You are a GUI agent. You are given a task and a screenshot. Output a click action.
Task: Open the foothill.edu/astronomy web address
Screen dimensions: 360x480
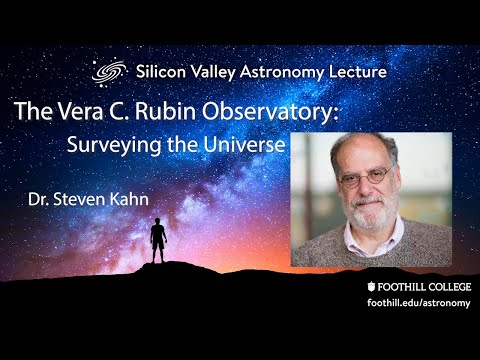point(419,303)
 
